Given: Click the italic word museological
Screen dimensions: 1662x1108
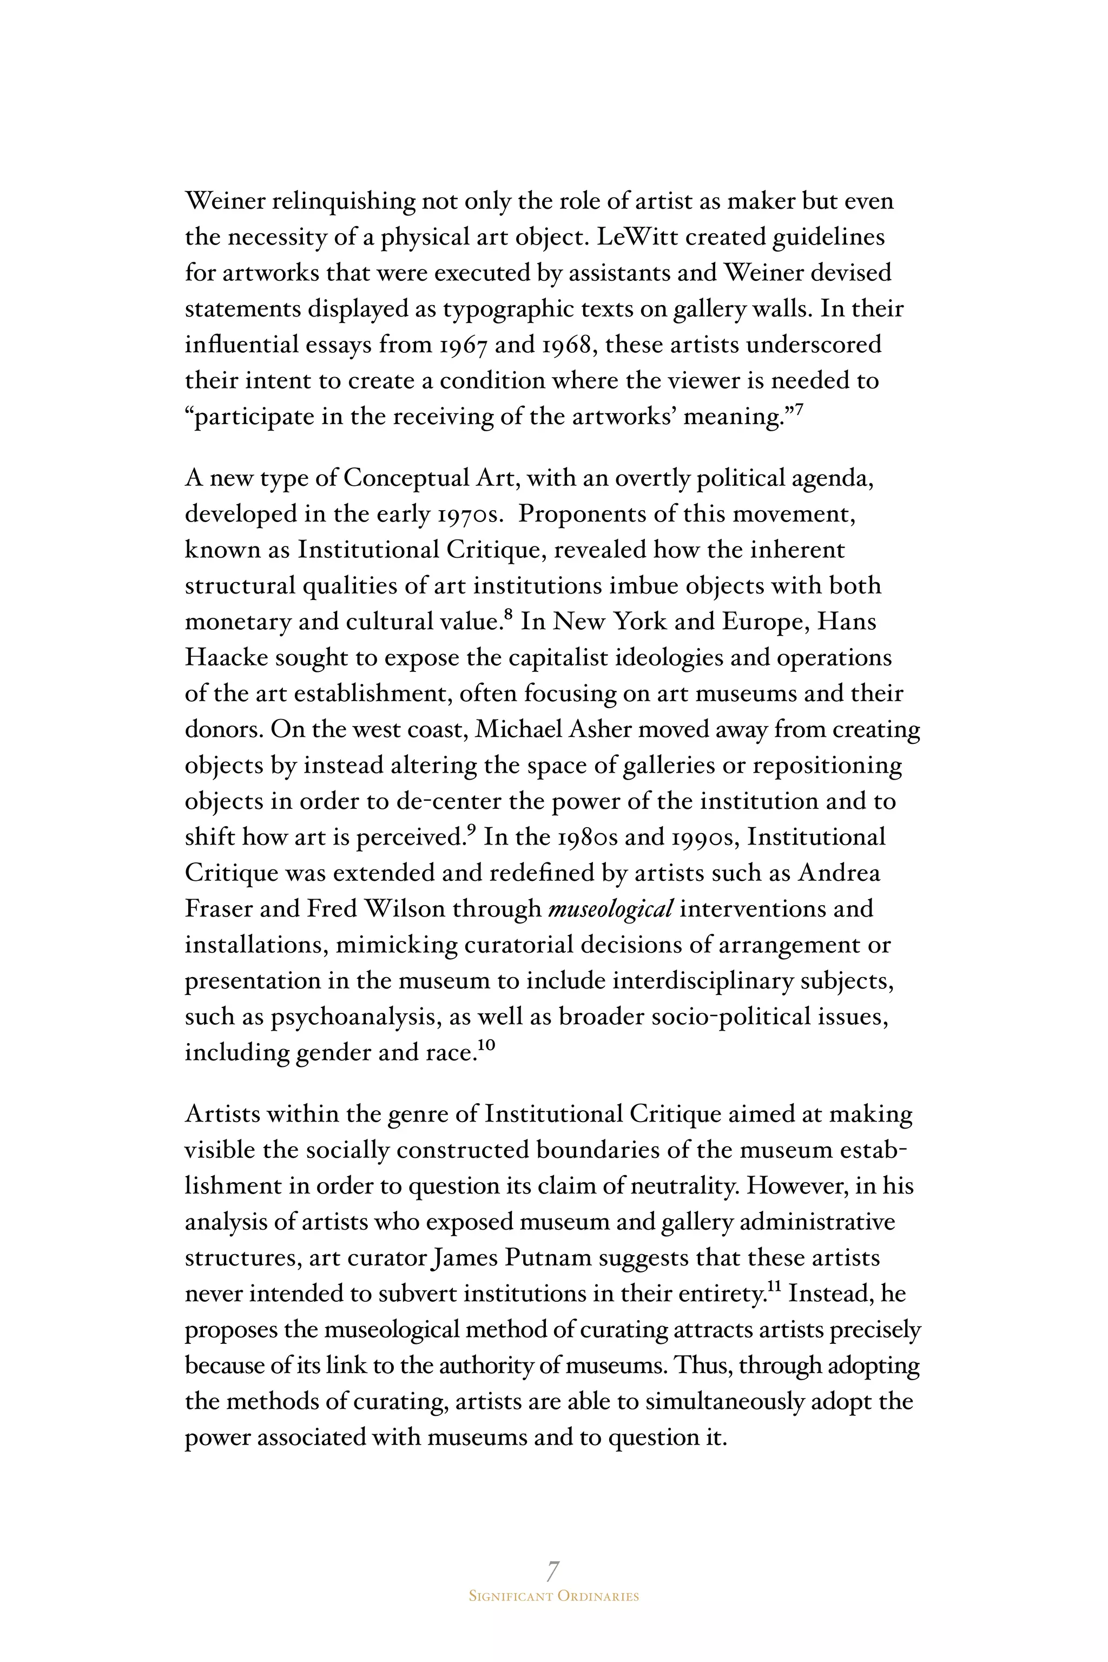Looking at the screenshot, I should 610,909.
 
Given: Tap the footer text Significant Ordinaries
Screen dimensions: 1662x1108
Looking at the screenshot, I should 553,1597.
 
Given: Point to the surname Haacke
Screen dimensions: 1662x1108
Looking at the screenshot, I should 226,658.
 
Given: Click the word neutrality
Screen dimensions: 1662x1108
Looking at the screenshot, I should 683,1186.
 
